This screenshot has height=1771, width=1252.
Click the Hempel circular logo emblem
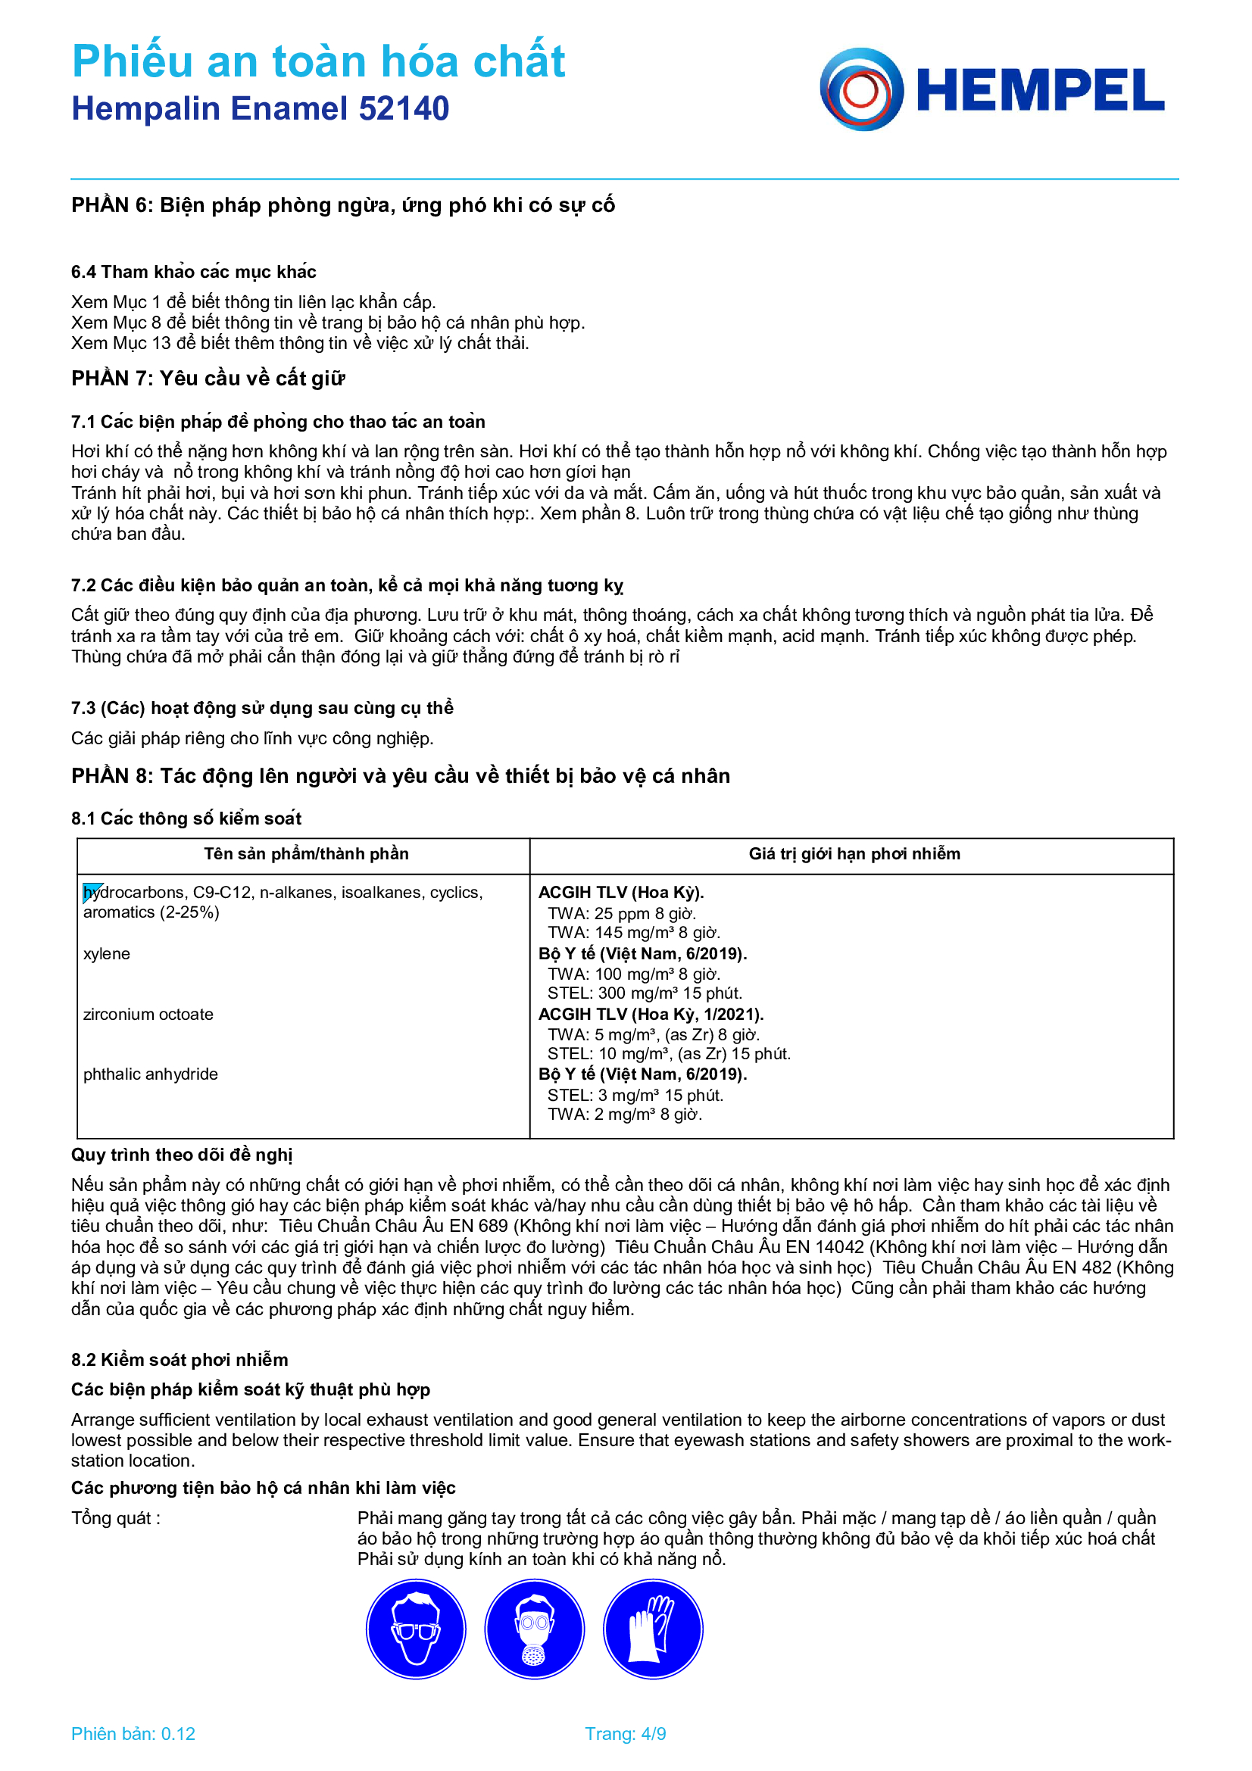861,89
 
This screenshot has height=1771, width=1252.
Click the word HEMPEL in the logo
1040,91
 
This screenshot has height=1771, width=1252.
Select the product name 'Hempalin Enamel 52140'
260,109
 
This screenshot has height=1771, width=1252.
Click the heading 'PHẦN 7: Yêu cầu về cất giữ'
208,378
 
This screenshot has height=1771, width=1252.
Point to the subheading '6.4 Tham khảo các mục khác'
194,272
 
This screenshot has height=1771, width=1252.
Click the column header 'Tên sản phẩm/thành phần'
306,854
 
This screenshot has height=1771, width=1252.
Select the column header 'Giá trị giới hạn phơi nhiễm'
854,854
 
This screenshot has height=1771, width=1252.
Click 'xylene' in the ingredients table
107,954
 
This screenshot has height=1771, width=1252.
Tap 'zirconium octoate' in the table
148,1015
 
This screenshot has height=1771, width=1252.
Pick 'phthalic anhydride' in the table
151,1074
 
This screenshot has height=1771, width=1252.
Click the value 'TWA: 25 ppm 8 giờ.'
622,913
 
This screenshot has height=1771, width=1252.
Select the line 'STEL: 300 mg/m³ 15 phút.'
644,993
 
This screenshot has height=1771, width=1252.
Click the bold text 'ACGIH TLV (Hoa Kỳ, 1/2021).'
651,1015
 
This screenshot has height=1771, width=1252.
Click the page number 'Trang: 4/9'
625,1734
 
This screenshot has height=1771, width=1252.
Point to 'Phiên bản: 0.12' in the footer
133,1734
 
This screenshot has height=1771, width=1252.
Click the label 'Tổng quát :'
116,1518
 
